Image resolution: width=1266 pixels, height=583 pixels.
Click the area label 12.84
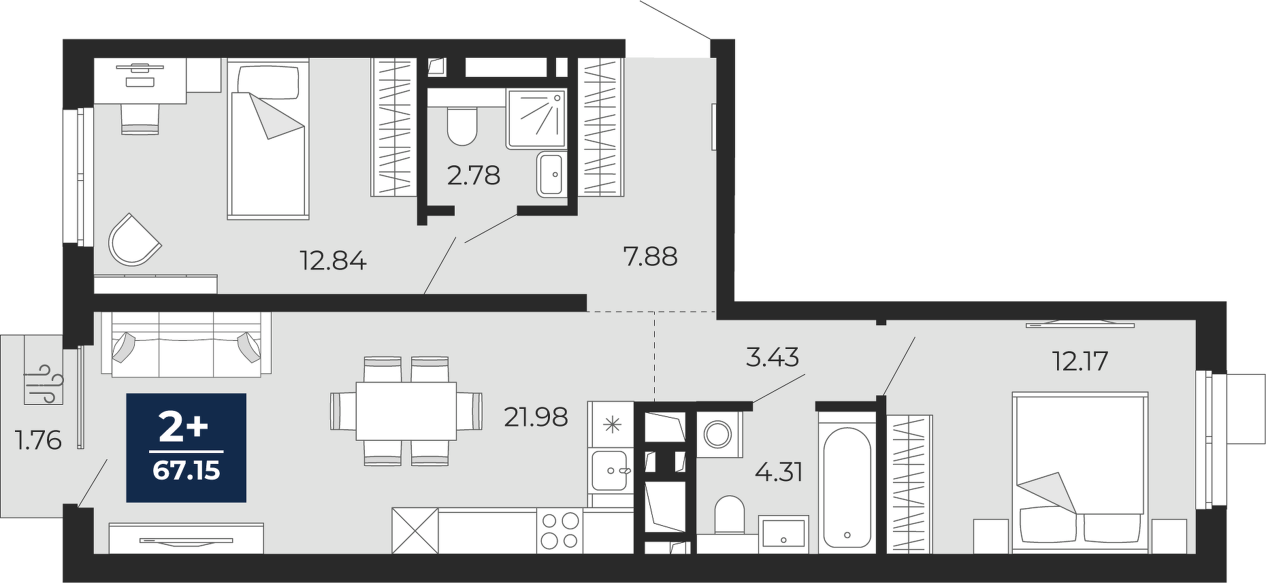334,261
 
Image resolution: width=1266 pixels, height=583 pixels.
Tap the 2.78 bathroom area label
474,176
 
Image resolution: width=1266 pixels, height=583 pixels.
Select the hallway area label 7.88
650,256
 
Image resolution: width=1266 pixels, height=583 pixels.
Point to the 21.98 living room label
536,417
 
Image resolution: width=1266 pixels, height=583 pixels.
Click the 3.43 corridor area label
773,357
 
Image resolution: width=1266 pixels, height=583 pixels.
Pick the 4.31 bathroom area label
779,471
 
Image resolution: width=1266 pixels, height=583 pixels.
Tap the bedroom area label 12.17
1080,361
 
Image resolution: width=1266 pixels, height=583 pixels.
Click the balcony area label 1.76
38,440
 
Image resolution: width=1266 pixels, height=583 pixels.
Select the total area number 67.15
186,470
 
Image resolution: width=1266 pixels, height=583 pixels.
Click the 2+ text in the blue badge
183,427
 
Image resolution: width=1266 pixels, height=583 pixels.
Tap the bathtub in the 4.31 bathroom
846,487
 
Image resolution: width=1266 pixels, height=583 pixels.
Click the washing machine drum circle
717,433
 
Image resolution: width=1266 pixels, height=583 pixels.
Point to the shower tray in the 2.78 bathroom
536,118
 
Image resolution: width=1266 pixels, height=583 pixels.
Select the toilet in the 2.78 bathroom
463,125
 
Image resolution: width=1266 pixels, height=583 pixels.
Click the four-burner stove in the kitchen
559,531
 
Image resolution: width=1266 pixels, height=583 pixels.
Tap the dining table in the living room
406,411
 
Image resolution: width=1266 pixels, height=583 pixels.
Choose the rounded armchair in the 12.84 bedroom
134,240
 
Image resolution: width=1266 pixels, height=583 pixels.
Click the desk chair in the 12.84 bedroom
140,118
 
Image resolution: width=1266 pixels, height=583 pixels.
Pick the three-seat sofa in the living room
186,344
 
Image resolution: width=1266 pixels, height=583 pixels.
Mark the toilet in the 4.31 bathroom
730,515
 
